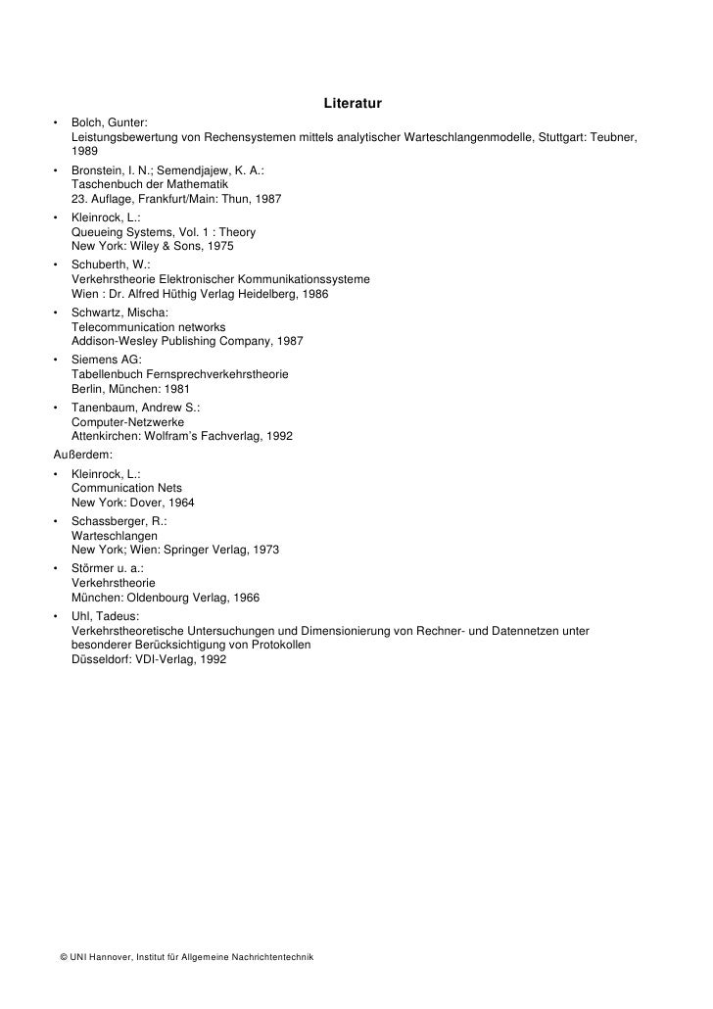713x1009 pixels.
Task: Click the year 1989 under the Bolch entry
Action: pos(85,153)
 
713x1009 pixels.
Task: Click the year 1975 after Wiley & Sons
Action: pos(216,247)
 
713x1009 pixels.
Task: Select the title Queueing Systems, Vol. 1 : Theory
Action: pos(164,232)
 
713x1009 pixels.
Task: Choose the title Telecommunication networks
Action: pos(149,326)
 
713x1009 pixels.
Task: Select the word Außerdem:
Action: pos(83,454)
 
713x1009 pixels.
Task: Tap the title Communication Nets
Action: pos(127,487)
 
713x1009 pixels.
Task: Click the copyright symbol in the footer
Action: pos(64,956)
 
